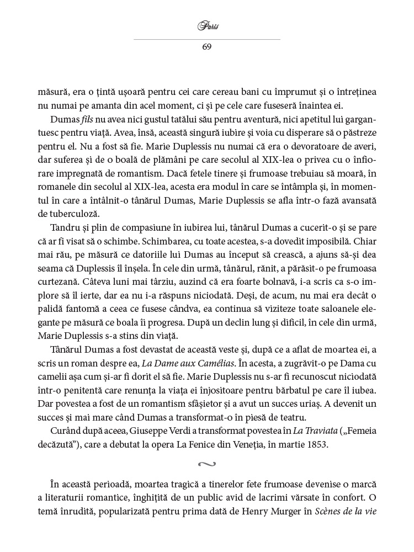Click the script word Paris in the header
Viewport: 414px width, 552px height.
(x=206, y=26)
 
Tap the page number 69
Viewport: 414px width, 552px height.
(x=206, y=46)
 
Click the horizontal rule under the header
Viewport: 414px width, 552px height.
(x=206, y=39)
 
